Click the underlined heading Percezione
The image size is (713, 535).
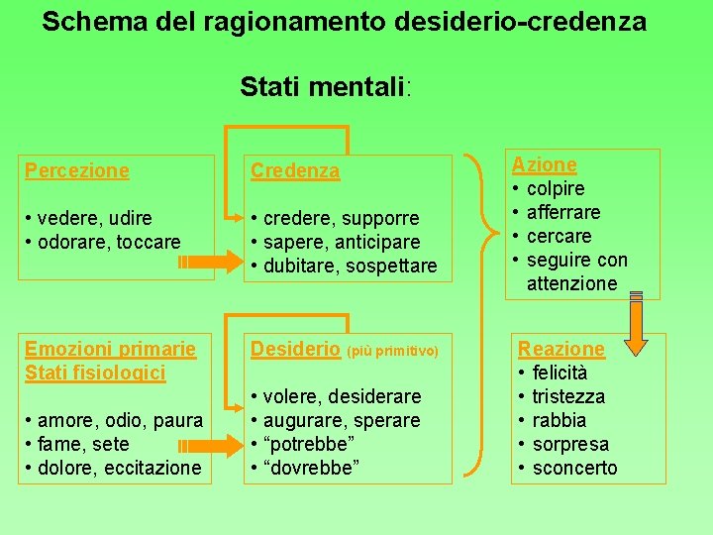(76, 170)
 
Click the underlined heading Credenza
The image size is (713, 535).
(295, 170)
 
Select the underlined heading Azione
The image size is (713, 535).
(544, 164)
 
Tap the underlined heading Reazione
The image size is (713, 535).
(560, 349)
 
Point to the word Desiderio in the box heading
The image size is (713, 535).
(294, 349)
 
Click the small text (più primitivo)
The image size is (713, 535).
(392, 351)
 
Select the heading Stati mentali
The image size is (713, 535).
(324, 87)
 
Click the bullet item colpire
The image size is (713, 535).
(556, 188)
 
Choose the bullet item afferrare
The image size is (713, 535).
(563, 212)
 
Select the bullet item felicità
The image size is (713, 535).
(560, 373)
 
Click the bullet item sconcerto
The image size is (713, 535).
(574, 468)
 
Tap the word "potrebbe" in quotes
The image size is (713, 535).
(312, 444)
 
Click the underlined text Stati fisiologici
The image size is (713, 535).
(95, 373)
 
